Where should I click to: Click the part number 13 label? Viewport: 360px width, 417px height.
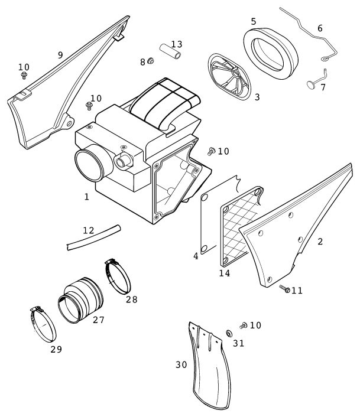(177, 44)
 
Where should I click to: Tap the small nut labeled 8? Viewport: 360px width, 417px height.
(150, 61)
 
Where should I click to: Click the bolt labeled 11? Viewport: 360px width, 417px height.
(284, 289)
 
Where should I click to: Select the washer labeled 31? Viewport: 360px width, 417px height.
(229, 334)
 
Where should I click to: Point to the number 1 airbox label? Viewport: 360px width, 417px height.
(87, 197)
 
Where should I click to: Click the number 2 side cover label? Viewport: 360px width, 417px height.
(320, 241)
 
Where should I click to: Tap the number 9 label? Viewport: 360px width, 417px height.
(60, 54)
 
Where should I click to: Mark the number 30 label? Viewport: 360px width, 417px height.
(181, 364)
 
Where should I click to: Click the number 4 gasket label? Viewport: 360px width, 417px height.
(196, 256)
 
